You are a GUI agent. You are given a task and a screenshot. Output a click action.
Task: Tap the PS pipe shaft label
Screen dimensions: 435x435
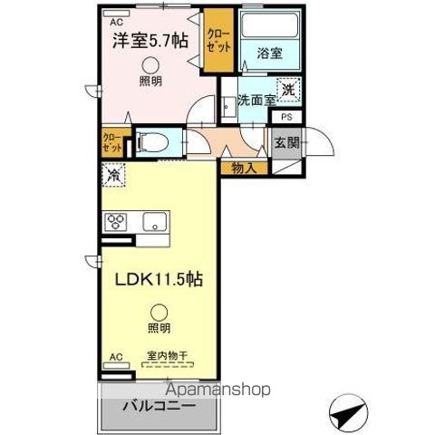285,117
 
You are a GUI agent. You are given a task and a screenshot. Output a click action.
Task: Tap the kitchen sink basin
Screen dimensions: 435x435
152,220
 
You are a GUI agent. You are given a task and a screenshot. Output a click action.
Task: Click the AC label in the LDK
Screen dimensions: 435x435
114,357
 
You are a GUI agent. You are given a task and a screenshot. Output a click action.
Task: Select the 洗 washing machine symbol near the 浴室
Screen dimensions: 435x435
287,90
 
